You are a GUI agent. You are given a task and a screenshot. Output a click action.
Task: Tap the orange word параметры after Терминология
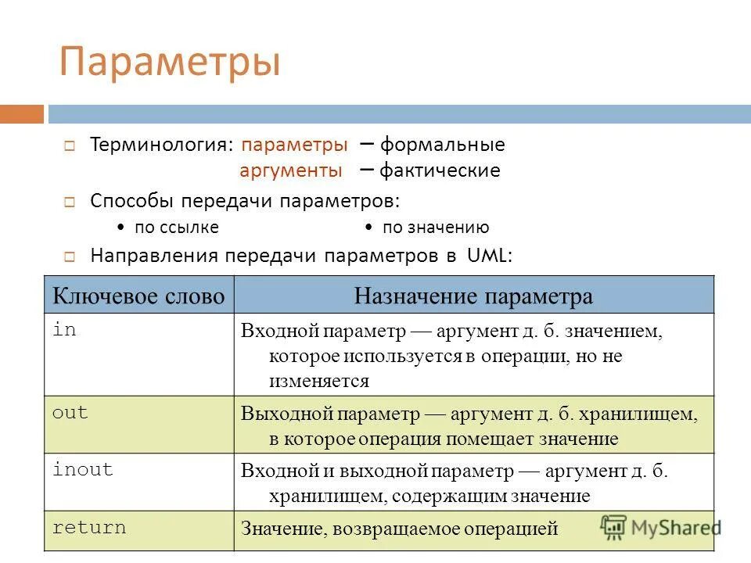pyautogui.click(x=295, y=145)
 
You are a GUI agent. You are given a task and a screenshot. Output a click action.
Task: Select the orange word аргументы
pyautogui.click(x=290, y=170)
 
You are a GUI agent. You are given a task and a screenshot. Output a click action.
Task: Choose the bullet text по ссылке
pyautogui.click(x=177, y=228)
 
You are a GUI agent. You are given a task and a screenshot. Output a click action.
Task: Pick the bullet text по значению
pyautogui.click(x=436, y=228)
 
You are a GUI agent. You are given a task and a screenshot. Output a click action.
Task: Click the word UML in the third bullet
pyautogui.click(x=489, y=256)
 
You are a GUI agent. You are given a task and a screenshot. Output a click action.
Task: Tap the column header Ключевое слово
pyautogui.click(x=138, y=296)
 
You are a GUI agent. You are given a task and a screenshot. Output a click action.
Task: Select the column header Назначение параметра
pyautogui.click(x=473, y=296)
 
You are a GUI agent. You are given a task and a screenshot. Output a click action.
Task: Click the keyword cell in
pyautogui.click(x=64, y=330)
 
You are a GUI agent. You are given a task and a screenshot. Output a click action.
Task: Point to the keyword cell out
pyautogui.click(x=70, y=414)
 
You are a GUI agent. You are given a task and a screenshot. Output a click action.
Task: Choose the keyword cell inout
pyautogui.click(x=82, y=470)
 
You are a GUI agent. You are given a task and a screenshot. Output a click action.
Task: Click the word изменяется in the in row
pyautogui.click(x=318, y=382)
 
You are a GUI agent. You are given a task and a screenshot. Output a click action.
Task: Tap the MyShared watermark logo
pyautogui.click(x=661, y=527)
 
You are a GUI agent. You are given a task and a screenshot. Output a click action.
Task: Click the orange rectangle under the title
pyautogui.click(x=22, y=114)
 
